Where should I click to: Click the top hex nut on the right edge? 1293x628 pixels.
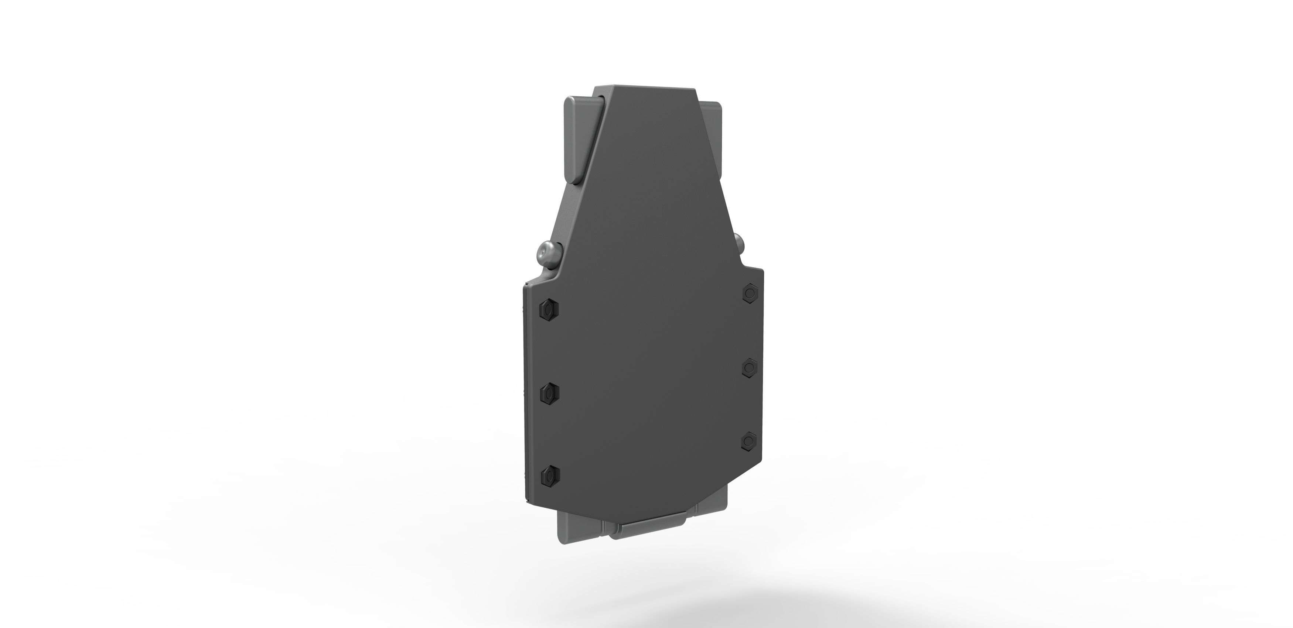(749, 292)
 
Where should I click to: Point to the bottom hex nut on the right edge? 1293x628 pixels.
(748, 440)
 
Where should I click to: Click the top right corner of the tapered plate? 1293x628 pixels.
(697, 90)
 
